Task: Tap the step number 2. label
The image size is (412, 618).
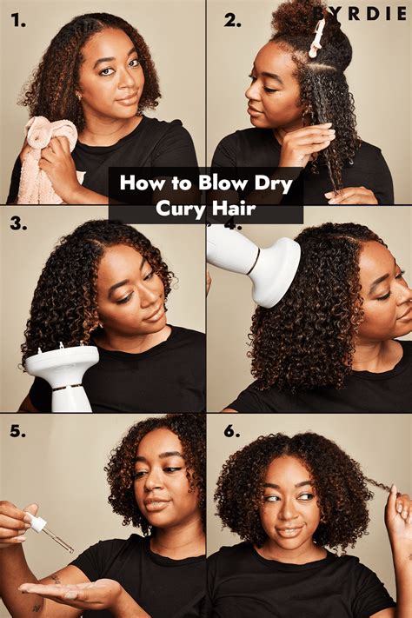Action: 231,19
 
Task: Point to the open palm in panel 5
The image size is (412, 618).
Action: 74,593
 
